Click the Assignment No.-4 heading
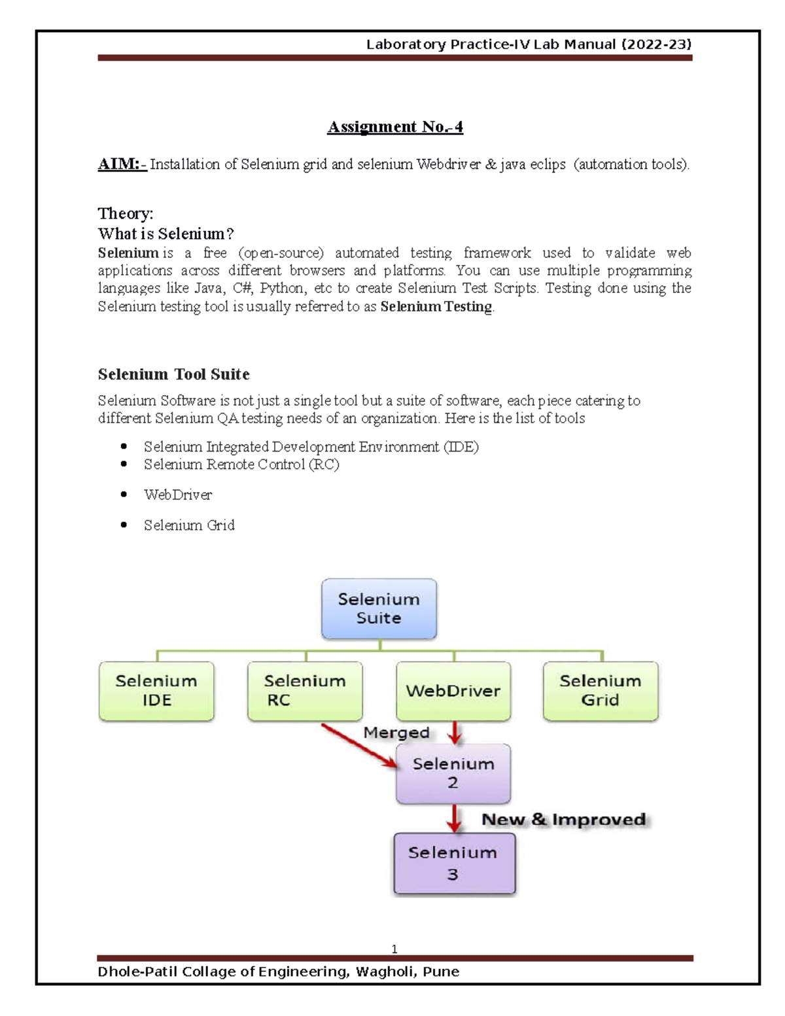395,127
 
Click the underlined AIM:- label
122,164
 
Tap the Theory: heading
126,213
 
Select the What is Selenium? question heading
166,234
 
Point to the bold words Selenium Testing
436,306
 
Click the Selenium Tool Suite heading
173,374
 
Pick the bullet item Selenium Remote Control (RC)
241,464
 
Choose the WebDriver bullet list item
178,495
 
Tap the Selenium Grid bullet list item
189,525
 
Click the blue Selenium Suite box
379,608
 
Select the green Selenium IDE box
156,691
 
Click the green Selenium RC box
305,691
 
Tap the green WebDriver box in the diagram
453,691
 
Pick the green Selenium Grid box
601,691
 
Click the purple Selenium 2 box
453,773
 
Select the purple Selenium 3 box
454,864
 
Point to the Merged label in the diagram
396,733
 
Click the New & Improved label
564,820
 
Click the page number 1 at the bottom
394,949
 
